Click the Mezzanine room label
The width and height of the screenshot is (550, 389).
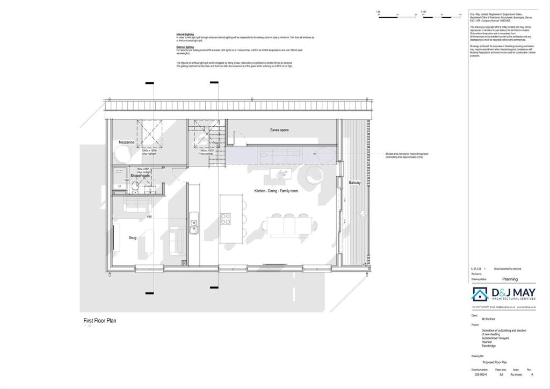126,142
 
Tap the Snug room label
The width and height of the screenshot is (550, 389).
132,237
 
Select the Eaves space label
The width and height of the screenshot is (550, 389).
279,130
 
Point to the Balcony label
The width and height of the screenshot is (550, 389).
355,183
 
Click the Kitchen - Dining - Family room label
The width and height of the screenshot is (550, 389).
276,191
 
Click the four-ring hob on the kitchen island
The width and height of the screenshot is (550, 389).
226,218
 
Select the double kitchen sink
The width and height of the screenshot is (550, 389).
194,226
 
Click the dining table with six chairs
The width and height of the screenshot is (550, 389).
291,223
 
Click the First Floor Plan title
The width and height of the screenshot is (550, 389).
99,321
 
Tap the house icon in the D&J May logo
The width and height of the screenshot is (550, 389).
479,294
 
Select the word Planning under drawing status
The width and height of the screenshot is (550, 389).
510,279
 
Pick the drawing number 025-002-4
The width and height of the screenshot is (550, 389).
482,375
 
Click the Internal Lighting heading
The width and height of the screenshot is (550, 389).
185,33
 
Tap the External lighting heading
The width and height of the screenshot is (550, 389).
185,47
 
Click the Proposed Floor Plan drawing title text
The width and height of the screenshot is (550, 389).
494,362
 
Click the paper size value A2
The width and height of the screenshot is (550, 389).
501,375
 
